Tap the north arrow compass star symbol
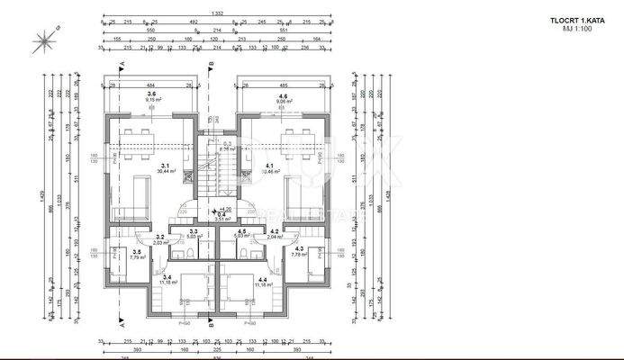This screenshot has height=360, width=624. point(44,40)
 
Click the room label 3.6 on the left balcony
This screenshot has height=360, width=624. point(151,94)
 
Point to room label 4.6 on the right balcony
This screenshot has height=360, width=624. point(282,95)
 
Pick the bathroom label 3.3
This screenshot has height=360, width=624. point(193,231)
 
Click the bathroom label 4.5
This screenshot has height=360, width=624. point(242,231)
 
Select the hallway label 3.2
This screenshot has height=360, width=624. point(158,238)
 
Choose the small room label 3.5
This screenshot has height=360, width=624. point(136,253)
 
